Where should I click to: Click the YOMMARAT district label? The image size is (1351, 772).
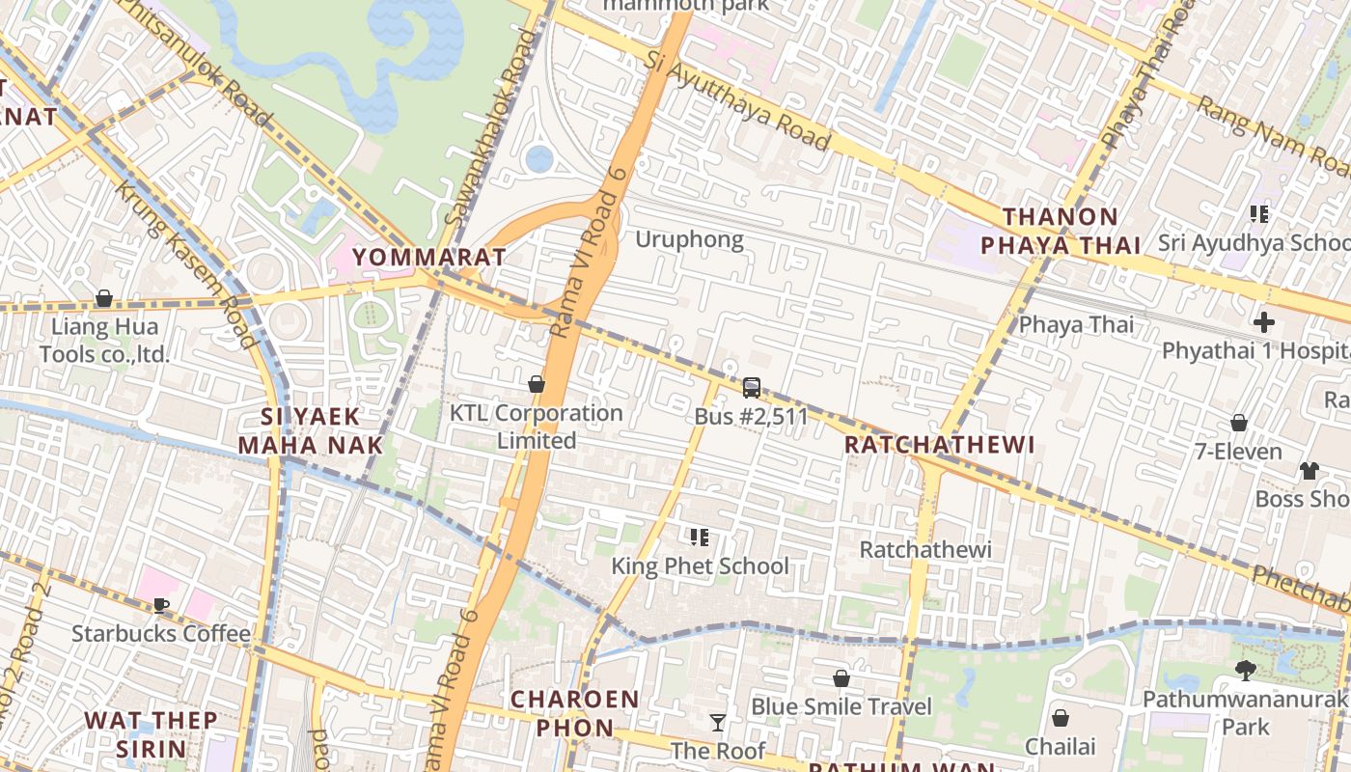(428, 257)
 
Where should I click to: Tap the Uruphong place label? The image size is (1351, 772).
(689, 239)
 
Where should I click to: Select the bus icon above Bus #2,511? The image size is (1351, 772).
(751, 388)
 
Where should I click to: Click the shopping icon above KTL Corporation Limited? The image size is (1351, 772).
(537, 384)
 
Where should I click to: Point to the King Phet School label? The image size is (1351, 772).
(700, 565)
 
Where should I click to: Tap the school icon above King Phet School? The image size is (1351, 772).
(700, 538)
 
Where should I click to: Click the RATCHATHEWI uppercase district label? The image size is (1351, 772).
(939, 445)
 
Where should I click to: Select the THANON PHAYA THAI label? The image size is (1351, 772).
(1061, 231)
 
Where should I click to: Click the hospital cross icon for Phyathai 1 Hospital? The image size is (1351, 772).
(1263, 322)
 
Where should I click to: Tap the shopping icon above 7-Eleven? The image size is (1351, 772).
(1238, 423)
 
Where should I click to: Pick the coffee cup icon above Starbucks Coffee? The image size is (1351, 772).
(161, 605)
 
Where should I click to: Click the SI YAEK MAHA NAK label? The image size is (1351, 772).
(311, 430)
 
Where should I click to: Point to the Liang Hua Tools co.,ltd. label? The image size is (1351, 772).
(104, 340)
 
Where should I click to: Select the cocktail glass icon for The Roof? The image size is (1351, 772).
(717, 723)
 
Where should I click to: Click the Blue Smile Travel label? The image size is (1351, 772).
(841, 706)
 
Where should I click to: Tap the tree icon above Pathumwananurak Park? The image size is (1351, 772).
(1245, 670)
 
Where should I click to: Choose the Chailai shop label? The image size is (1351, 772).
(1060, 746)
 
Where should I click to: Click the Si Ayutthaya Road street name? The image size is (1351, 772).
(738, 104)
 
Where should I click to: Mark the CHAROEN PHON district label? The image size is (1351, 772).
(574, 713)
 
